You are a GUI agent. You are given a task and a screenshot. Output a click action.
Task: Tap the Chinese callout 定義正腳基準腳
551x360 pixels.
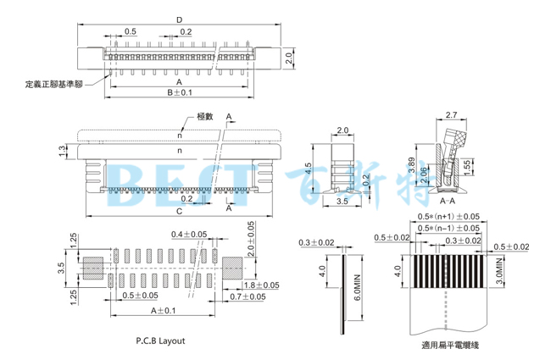coord(54,84)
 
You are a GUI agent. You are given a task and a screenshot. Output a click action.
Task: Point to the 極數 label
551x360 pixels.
coord(204,116)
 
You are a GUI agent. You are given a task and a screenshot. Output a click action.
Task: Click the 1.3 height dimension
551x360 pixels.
coord(62,150)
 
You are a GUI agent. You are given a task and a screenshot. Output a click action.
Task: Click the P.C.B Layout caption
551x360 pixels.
coord(160,341)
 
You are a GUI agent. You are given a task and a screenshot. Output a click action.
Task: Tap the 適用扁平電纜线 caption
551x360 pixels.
coord(450,345)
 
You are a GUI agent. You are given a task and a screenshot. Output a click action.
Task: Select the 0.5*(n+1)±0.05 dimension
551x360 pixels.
coord(450,218)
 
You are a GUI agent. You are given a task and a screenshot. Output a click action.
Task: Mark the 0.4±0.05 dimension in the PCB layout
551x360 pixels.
coord(189,234)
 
